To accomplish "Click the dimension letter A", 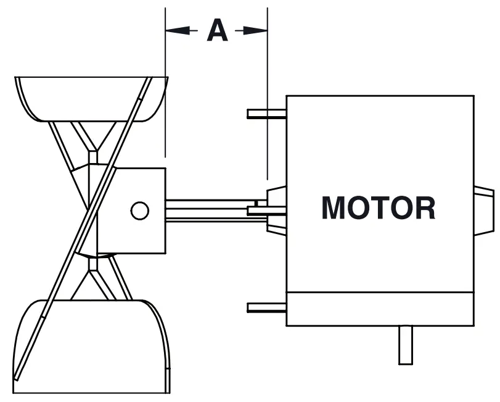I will point(216,30).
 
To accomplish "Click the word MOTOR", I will point(379,208).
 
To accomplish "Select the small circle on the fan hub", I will point(140,211).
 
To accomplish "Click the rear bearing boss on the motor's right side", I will point(484,211).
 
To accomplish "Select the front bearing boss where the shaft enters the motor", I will point(276,210).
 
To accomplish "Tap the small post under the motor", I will point(406,345).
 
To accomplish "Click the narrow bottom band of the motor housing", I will point(380,308).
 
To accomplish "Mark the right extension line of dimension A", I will point(268,93).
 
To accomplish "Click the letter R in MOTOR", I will point(424,208).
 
